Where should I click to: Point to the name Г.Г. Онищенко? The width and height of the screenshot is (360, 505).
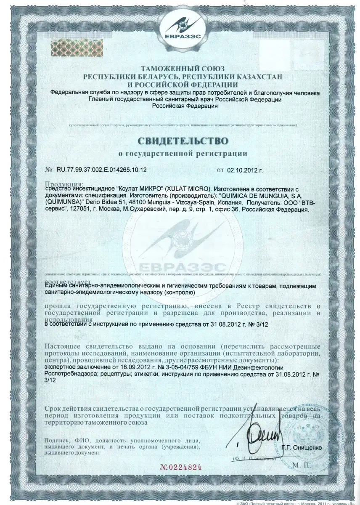coord(302,448)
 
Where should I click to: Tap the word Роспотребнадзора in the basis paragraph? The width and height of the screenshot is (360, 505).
coord(73,373)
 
